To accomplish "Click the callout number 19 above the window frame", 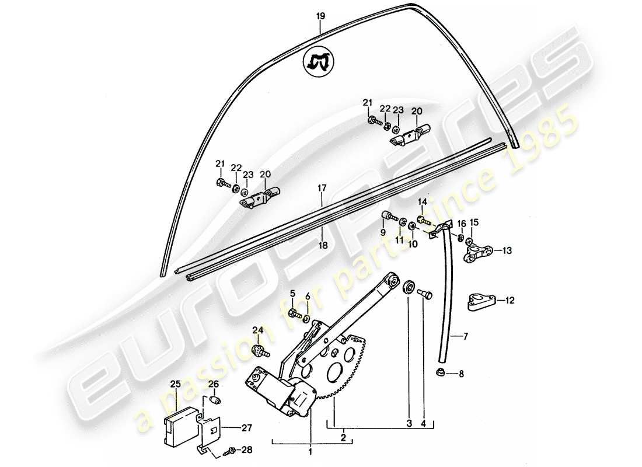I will [320, 16].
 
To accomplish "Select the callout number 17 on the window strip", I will [321, 189].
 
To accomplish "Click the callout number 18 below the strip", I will [323, 246].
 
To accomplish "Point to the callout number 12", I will [510, 301].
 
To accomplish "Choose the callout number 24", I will [257, 330].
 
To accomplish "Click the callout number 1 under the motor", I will [310, 451].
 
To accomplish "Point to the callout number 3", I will [409, 422].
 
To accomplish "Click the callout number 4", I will [424, 422].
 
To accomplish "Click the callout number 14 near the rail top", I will [423, 202].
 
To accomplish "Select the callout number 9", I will [383, 232].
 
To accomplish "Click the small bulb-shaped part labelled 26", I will [214, 401].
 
